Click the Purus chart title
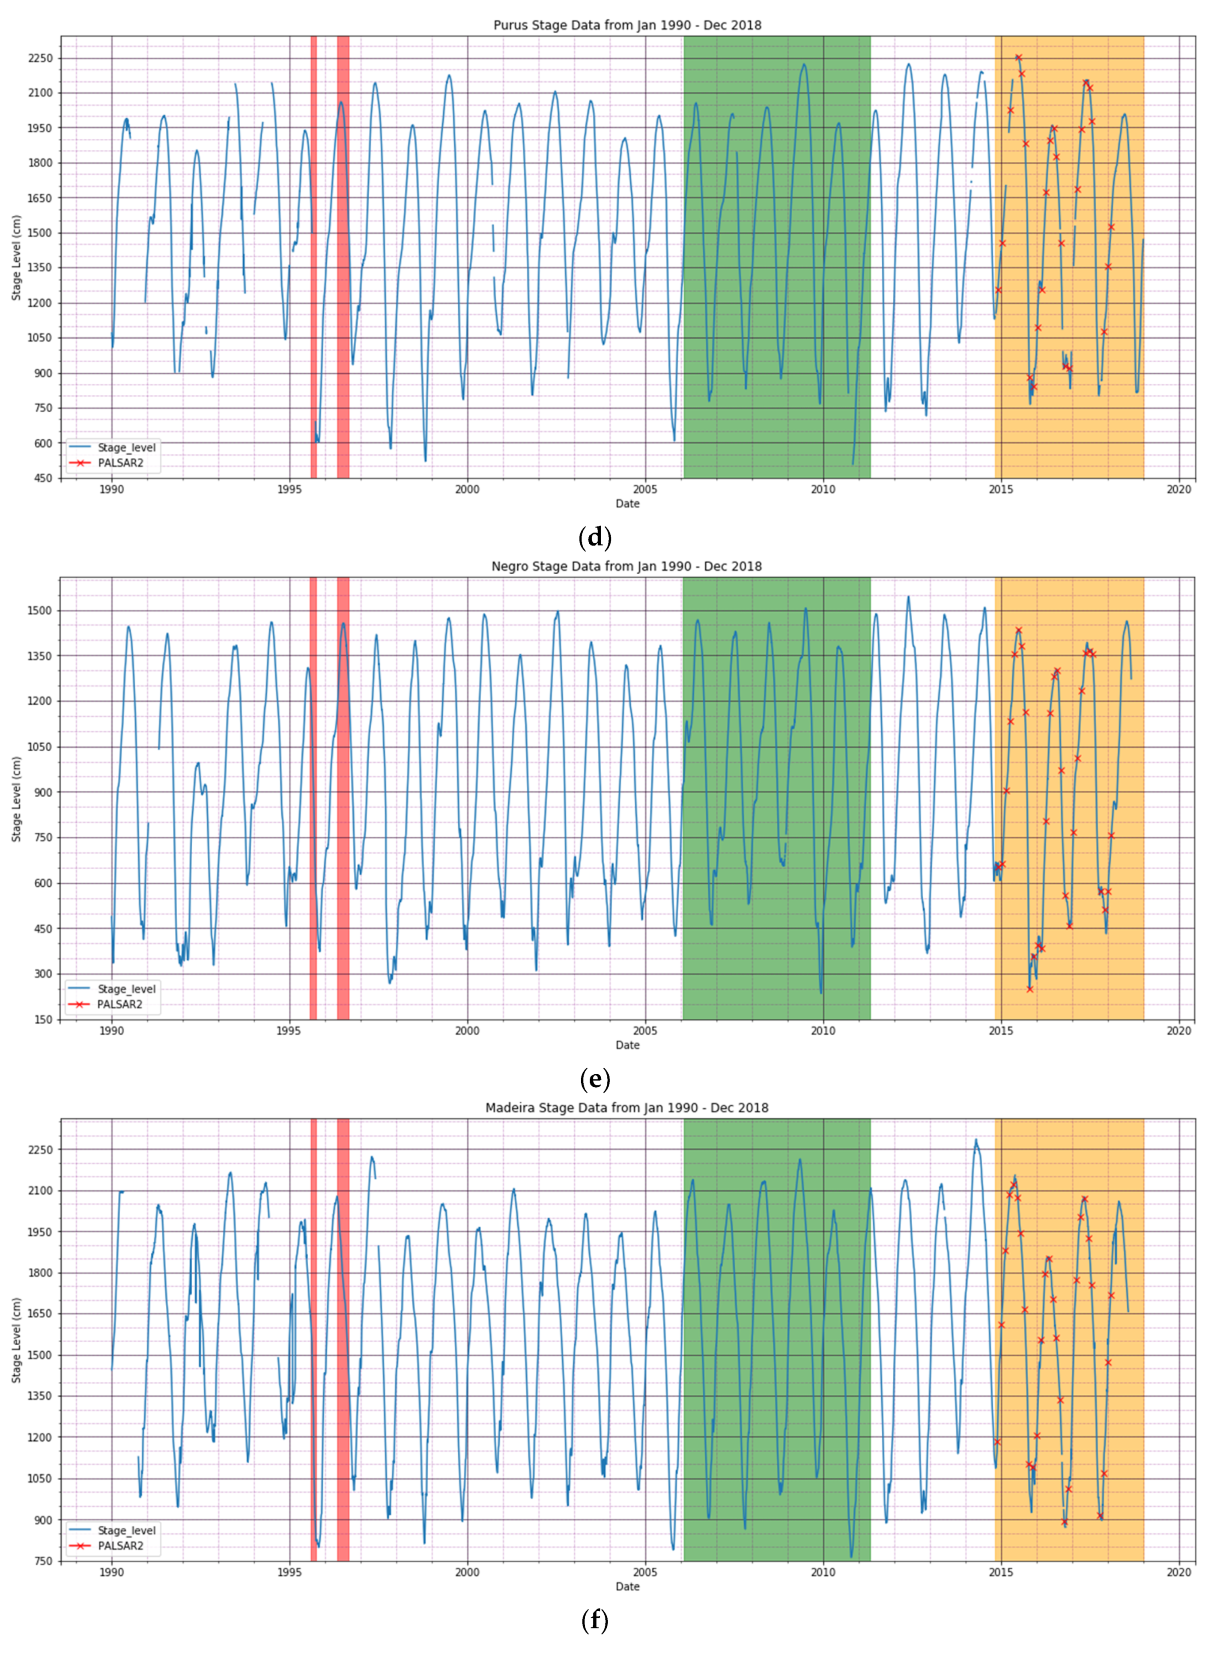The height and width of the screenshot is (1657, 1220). point(627,25)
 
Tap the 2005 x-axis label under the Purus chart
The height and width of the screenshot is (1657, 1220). point(645,489)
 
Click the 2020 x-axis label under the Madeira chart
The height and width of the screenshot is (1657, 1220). point(1178,1571)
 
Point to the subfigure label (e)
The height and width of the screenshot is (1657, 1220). point(595,1079)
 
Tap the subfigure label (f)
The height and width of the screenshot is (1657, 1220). point(595,1621)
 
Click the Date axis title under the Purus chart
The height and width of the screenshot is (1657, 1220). point(627,504)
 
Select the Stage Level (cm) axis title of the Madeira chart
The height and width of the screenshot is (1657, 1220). point(16,1340)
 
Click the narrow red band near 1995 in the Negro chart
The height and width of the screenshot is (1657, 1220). point(313,798)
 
